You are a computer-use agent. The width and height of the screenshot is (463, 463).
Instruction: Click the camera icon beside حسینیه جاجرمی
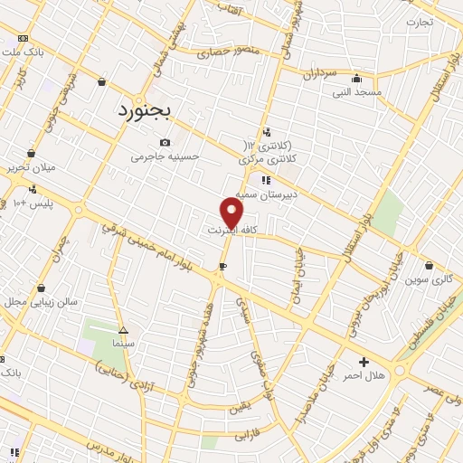[165, 142]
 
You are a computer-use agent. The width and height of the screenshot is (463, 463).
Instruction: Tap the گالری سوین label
[430, 279]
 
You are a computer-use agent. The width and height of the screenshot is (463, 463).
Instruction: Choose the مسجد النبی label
[357, 92]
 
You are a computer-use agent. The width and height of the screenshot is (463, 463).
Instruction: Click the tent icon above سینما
[123, 330]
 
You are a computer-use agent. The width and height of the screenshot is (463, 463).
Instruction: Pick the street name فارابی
[248, 436]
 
